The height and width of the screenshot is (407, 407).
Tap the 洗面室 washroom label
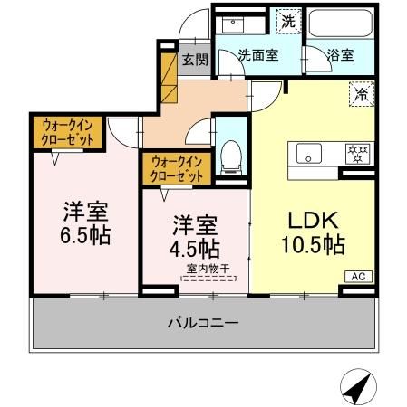coord(257,55)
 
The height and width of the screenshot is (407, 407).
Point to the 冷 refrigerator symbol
coord(358,92)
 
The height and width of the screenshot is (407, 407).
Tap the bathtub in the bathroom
coord(340,24)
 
